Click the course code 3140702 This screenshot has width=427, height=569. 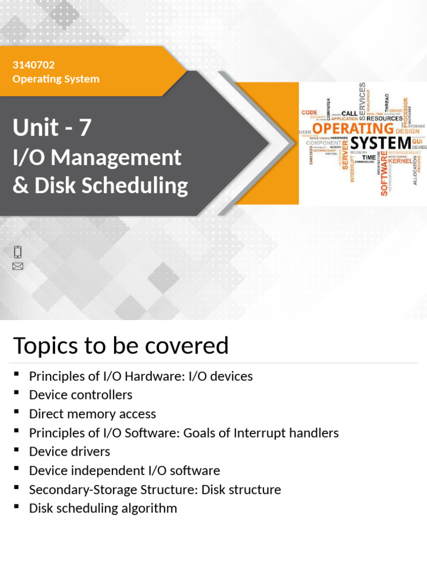click(x=33, y=65)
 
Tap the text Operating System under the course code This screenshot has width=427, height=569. click(x=56, y=79)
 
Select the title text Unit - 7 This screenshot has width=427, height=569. click(x=52, y=128)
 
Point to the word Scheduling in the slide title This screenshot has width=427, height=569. click(x=138, y=186)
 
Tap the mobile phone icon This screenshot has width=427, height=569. click(x=18, y=252)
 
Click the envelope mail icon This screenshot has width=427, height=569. click(x=18, y=266)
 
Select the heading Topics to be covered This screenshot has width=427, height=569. click(x=121, y=346)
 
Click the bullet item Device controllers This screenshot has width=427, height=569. click(x=81, y=395)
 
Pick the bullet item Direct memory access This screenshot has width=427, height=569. click(x=92, y=414)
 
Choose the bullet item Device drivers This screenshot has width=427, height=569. click(x=69, y=452)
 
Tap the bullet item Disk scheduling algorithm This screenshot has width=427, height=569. click(x=103, y=508)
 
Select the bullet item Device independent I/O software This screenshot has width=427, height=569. click(x=125, y=471)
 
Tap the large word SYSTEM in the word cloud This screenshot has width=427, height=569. click(x=380, y=143)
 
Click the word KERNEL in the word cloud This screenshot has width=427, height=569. click(x=400, y=161)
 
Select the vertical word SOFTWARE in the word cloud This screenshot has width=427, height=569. click(x=384, y=172)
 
